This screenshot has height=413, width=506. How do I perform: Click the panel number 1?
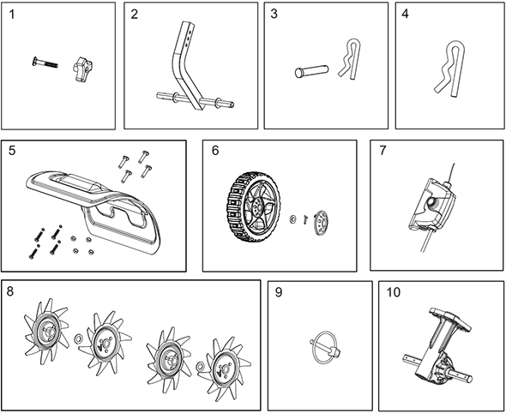(x=12, y=15)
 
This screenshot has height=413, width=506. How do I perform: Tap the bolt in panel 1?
(x=45, y=63)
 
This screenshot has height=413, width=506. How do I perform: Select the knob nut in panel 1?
(x=82, y=69)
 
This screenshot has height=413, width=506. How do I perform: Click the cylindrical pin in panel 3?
(x=311, y=72)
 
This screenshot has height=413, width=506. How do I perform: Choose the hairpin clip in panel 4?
(x=449, y=69)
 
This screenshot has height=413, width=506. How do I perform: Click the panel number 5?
(x=12, y=151)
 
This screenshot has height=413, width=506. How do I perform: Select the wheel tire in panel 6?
(x=253, y=207)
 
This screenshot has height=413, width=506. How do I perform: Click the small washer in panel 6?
(x=293, y=219)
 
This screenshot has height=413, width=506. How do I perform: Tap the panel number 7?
(x=383, y=151)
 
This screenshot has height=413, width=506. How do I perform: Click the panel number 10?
(x=393, y=292)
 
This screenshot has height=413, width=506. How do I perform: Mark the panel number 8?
(x=10, y=292)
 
